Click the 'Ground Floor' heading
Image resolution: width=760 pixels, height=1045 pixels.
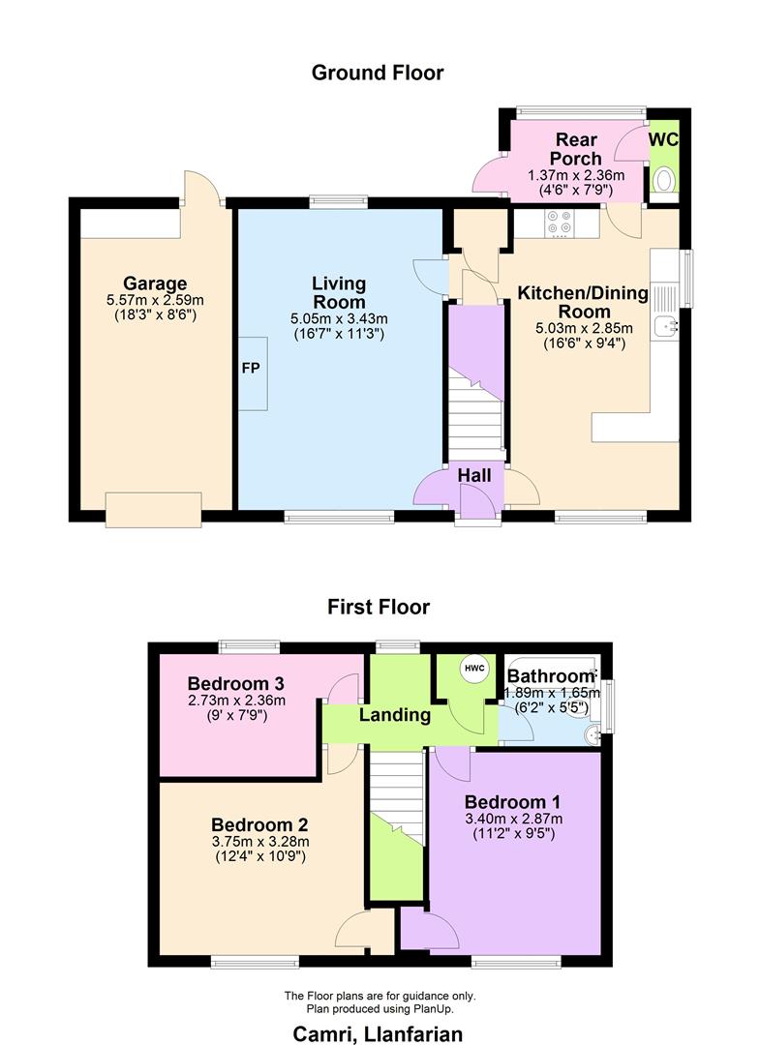point(378,73)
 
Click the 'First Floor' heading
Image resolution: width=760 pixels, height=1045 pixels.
point(378,608)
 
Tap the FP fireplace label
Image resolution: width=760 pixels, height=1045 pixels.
point(250,370)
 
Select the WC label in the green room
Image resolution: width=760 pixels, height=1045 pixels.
point(663,139)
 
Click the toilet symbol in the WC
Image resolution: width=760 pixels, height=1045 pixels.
point(664,181)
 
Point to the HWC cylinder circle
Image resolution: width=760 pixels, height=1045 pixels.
point(473,670)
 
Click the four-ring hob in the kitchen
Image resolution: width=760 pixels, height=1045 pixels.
point(559,224)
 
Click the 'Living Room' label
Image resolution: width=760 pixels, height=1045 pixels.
point(339,293)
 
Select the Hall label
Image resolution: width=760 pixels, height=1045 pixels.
point(474,476)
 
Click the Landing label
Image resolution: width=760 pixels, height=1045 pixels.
point(394,716)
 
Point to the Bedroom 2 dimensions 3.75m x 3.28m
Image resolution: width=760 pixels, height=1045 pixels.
point(259,842)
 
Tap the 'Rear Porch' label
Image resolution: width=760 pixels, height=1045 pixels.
point(576,149)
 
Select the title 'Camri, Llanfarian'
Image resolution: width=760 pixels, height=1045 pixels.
point(379,1033)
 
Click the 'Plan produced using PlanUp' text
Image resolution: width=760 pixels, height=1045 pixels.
point(379,1008)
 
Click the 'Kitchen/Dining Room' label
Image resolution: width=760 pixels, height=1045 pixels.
point(577,302)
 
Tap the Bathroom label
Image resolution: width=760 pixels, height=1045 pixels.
point(550,675)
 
